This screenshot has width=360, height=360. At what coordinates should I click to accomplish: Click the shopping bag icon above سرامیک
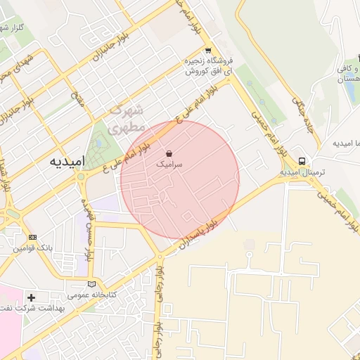click(169, 153)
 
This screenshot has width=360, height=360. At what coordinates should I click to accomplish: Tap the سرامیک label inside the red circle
click(169, 163)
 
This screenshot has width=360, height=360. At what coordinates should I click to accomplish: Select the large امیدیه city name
click(67, 161)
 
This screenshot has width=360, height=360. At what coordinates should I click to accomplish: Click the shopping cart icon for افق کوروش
click(208, 51)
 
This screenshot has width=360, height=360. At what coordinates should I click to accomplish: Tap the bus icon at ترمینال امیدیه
click(302, 160)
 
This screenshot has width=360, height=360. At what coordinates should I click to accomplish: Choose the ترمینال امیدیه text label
click(300, 172)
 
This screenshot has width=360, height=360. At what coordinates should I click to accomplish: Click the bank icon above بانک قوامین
click(32, 237)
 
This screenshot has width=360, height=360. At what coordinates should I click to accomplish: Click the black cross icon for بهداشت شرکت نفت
click(31, 297)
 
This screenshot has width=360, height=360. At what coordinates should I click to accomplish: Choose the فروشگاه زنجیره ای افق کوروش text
click(209, 66)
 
